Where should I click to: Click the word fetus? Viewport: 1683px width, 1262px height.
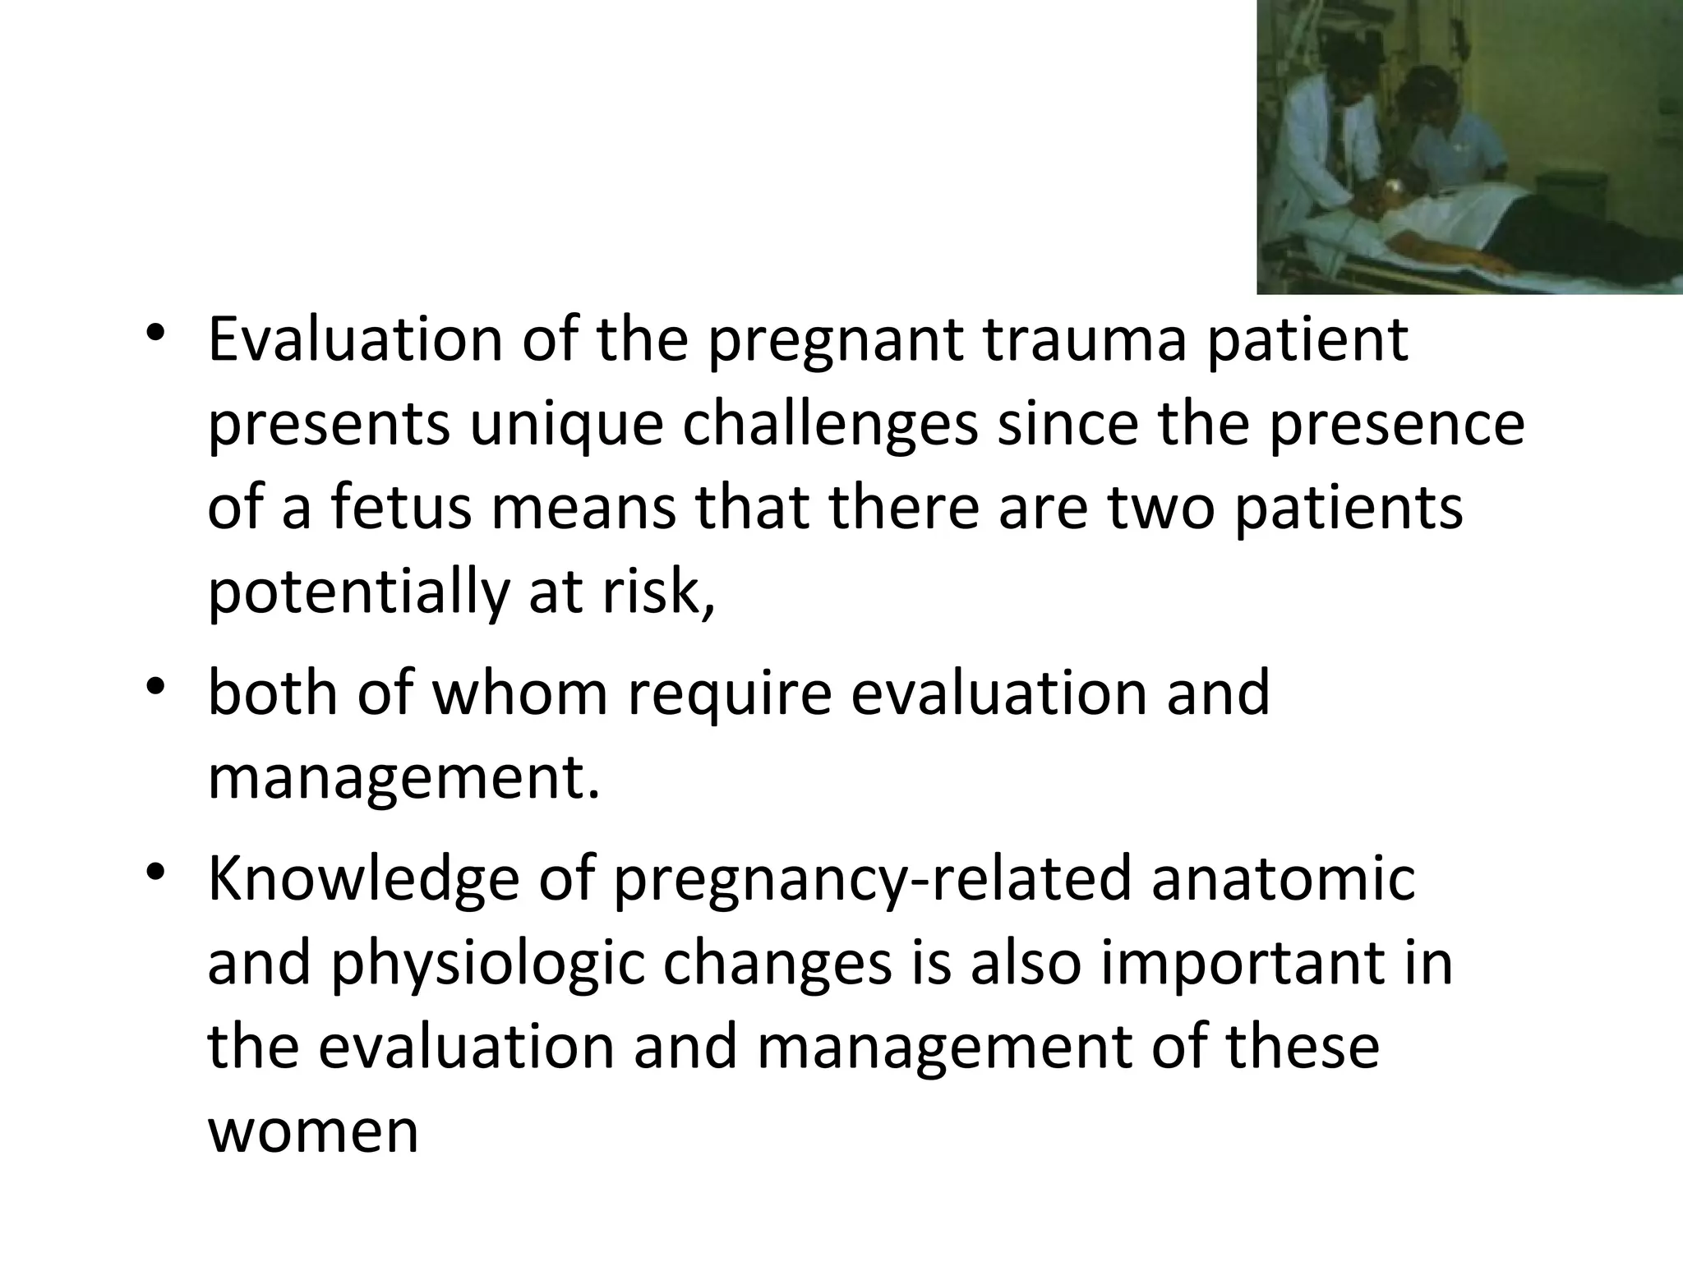pos(402,507)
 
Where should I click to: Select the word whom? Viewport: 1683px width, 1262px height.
pos(519,693)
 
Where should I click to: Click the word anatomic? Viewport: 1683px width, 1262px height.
pos(1283,878)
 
